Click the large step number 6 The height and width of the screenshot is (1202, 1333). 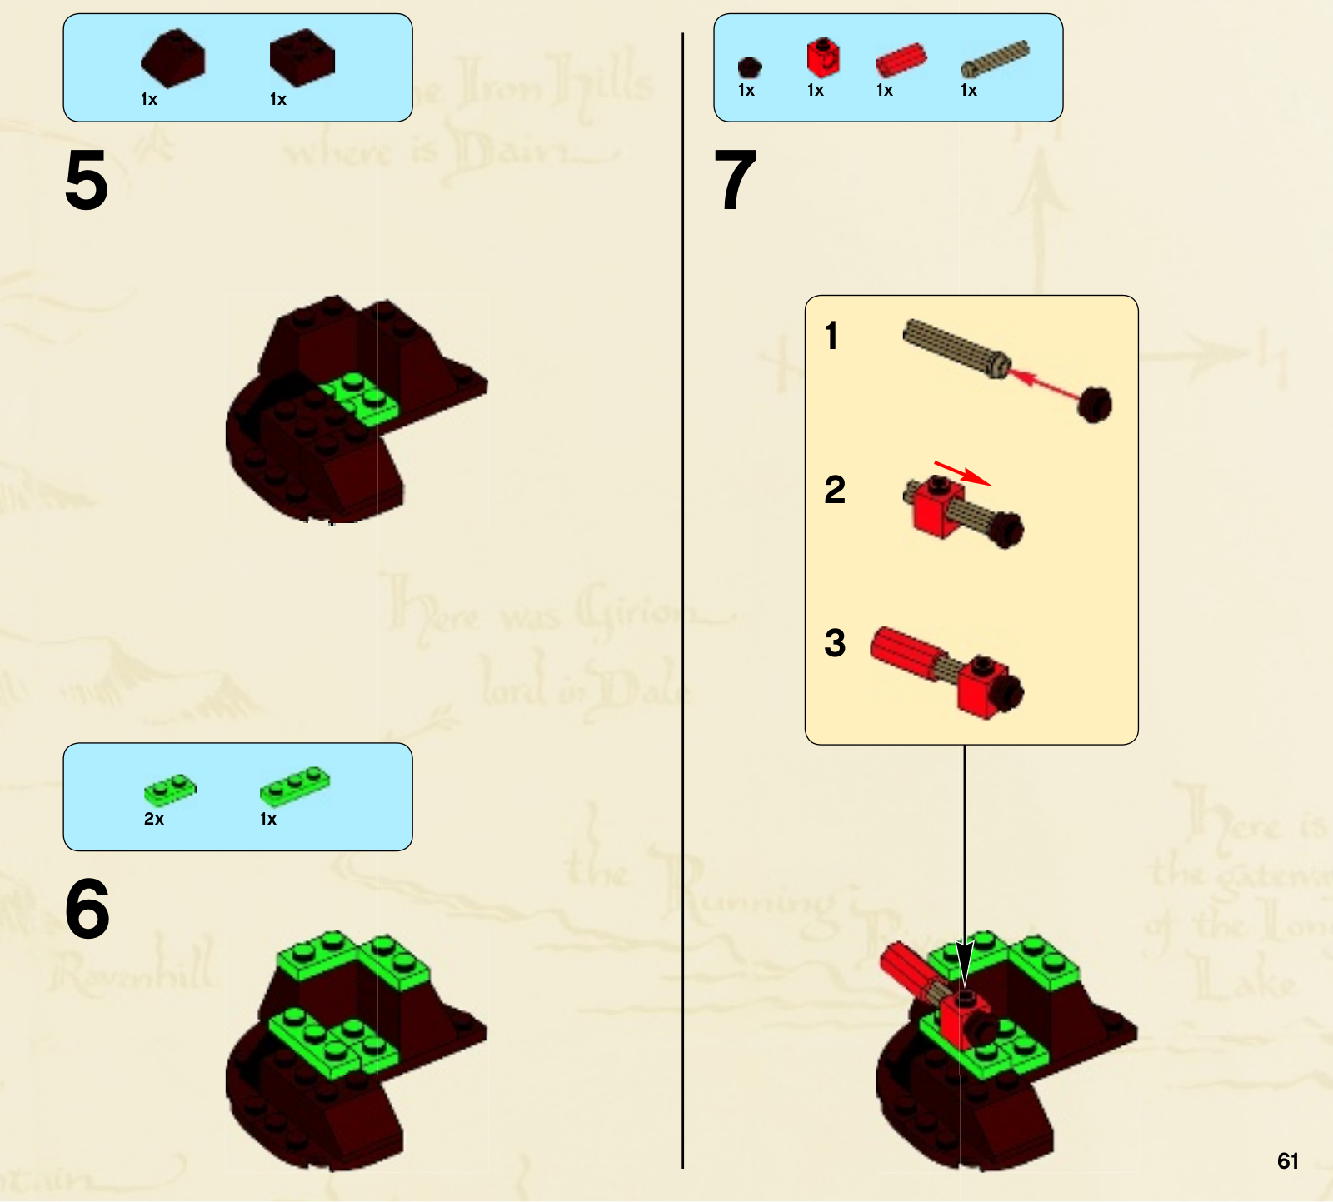point(87,909)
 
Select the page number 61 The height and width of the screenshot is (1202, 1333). point(1287,1161)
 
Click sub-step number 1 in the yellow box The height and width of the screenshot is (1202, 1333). point(831,336)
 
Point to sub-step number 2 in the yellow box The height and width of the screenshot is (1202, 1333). point(835,490)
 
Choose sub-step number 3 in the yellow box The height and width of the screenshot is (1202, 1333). point(835,643)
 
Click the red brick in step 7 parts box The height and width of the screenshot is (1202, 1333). point(822,58)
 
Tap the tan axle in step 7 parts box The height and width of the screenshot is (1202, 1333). point(995,58)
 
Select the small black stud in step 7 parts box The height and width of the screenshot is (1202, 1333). point(749,67)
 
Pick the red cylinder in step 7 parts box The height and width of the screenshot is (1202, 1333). point(901,61)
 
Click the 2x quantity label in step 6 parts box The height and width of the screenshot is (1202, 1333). point(154,819)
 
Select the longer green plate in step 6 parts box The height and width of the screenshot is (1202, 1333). point(295,786)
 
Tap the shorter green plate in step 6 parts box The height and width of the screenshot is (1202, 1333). point(170,787)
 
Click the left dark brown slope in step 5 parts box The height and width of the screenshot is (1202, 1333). point(173,57)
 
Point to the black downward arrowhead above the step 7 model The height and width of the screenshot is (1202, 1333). point(965,964)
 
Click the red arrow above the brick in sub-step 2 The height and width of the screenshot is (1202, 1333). point(962,472)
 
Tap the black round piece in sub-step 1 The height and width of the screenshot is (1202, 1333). point(1095,405)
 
